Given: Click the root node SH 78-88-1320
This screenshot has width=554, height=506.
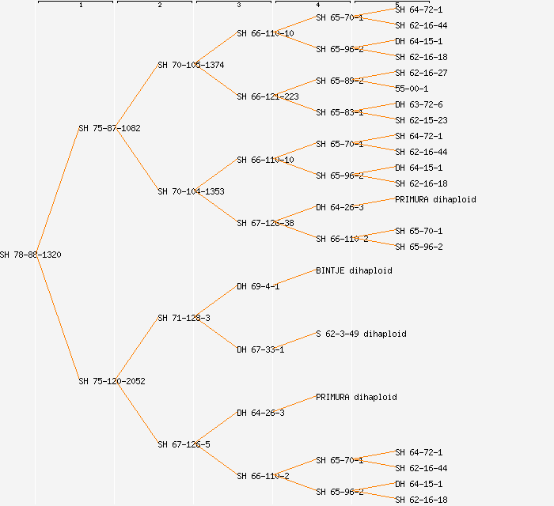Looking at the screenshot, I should pos(31,255).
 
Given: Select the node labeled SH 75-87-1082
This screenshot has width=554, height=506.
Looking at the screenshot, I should pos(109,128).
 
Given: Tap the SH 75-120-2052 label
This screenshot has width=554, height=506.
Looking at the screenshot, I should pos(112,381).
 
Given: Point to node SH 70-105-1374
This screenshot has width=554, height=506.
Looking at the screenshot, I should pos(191,65).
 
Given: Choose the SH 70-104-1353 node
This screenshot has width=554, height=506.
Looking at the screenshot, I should pos(191,191).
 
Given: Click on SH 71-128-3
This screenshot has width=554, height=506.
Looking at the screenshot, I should pos(184,318).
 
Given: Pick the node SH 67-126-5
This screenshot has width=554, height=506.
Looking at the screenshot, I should pos(184,444).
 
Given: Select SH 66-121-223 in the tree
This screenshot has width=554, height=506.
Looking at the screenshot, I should pos(268,96).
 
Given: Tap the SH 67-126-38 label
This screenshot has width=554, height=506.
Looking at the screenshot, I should pos(265,223).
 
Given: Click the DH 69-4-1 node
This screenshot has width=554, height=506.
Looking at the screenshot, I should pos(258,286).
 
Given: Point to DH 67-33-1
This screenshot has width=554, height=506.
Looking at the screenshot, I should pos(260,349).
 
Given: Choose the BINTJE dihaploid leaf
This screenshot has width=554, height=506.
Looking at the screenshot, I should pos(354,270).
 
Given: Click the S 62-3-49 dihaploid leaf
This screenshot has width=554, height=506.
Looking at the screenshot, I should pos(361,334).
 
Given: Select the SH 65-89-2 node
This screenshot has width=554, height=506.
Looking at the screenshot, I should pos(340,81).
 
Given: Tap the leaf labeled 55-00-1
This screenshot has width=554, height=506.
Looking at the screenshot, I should pos(412,89).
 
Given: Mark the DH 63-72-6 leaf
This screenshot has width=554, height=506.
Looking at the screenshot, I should pos(419,104).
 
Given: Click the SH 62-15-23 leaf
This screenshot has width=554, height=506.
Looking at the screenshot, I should pos(421,120).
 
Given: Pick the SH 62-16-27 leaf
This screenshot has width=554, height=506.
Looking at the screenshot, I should pos(421,73).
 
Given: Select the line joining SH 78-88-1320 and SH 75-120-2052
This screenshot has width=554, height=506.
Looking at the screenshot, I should pos(57,318).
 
